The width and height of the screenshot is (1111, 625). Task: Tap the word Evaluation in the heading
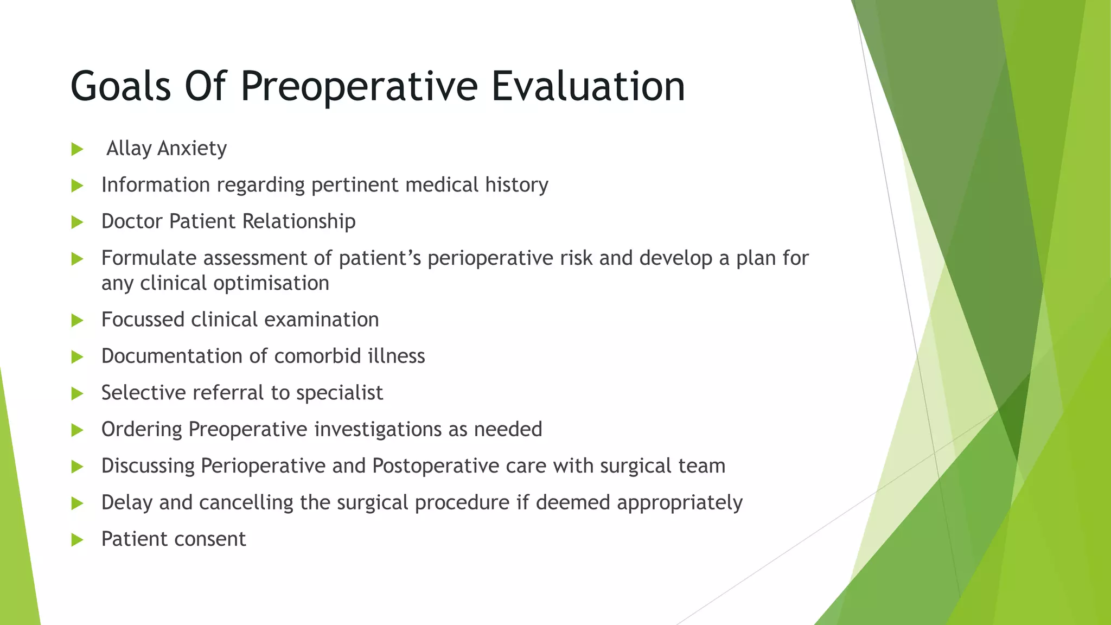tap(588, 86)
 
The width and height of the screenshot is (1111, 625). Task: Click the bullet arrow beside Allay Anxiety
tap(77, 149)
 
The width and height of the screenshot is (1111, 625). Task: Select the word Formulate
tap(149, 258)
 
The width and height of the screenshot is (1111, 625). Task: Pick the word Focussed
tap(143, 320)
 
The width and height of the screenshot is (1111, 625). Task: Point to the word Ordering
tap(142, 430)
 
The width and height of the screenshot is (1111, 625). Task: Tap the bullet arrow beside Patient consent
tap(77, 540)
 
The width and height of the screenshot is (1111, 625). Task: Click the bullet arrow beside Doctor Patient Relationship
tap(77, 222)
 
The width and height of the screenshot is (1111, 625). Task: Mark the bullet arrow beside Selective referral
tap(77, 393)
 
